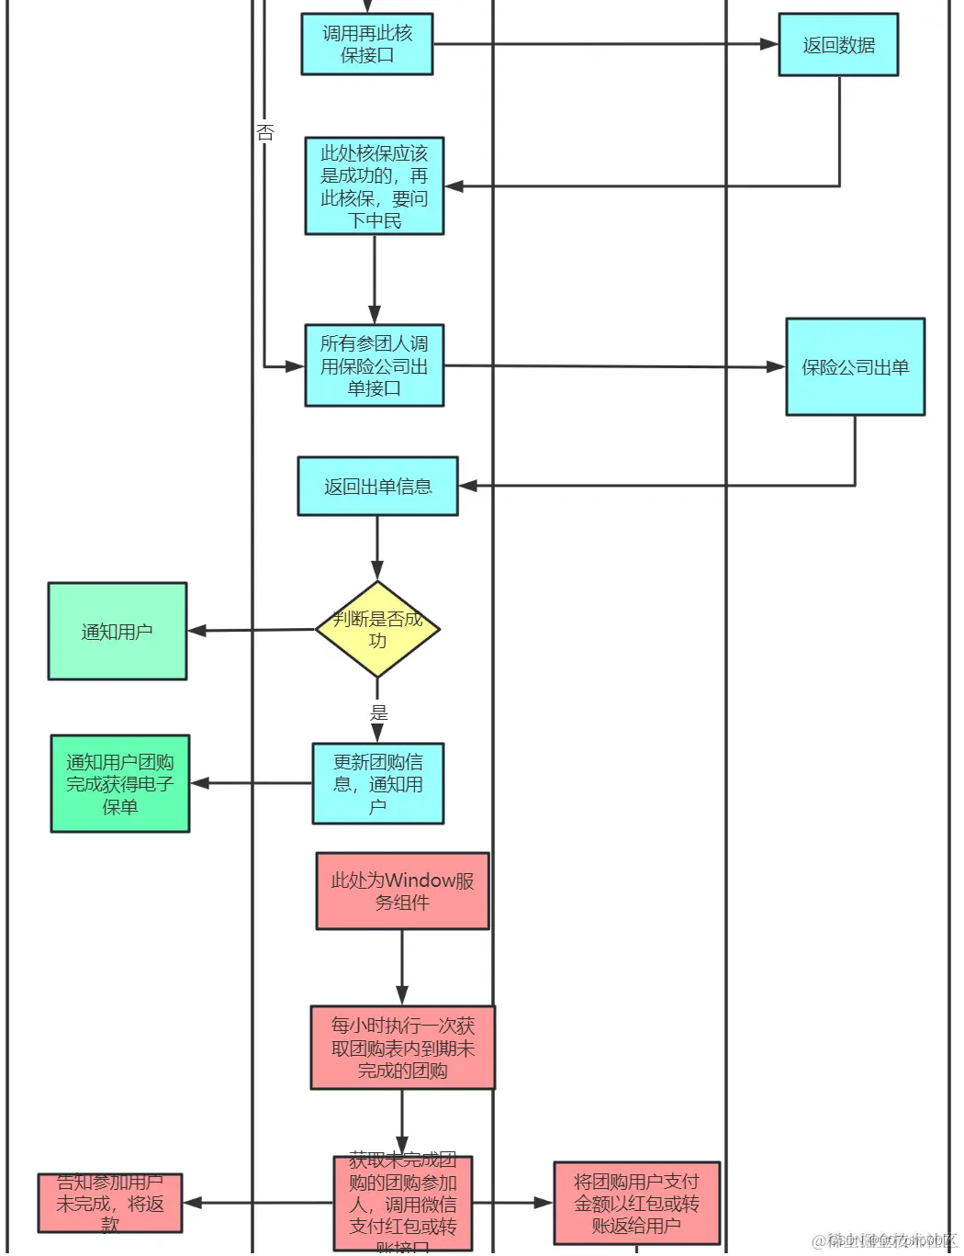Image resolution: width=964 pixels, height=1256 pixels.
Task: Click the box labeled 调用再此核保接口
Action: tap(367, 44)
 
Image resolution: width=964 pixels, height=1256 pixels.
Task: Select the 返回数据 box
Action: tap(838, 45)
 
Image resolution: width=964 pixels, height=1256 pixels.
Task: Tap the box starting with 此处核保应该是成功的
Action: tap(375, 186)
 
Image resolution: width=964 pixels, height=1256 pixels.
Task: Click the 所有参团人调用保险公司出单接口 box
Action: tap(375, 365)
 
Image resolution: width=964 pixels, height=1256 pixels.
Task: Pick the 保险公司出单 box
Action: tap(855, 367)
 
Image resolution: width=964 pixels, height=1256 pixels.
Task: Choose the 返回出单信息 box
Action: tap(377, 487)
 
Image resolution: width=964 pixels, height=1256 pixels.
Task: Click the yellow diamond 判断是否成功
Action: tap(377, 630)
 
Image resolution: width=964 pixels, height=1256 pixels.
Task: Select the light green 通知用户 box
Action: tap(118, 632)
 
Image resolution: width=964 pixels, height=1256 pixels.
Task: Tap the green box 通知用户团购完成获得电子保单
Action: tap(120, 784)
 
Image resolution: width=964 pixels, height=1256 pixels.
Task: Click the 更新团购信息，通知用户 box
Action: tap(377, 784)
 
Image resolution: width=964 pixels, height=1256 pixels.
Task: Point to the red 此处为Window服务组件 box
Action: tap(402, 891)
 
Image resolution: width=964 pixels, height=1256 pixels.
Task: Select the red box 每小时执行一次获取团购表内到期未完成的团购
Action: tap(402, 1048)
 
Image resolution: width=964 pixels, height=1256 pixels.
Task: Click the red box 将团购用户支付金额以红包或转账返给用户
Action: tap(636, 1203)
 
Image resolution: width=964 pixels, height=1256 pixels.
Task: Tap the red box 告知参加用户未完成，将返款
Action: tap(110, 1203)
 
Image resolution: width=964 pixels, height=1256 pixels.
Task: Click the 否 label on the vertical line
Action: tap(265, 132)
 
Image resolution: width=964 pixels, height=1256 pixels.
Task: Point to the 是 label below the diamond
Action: tap(378, 712)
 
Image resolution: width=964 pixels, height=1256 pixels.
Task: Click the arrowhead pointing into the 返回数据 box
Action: tap(769, 44)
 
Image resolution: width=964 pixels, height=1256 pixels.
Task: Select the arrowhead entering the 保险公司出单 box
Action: tap(776, 367)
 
